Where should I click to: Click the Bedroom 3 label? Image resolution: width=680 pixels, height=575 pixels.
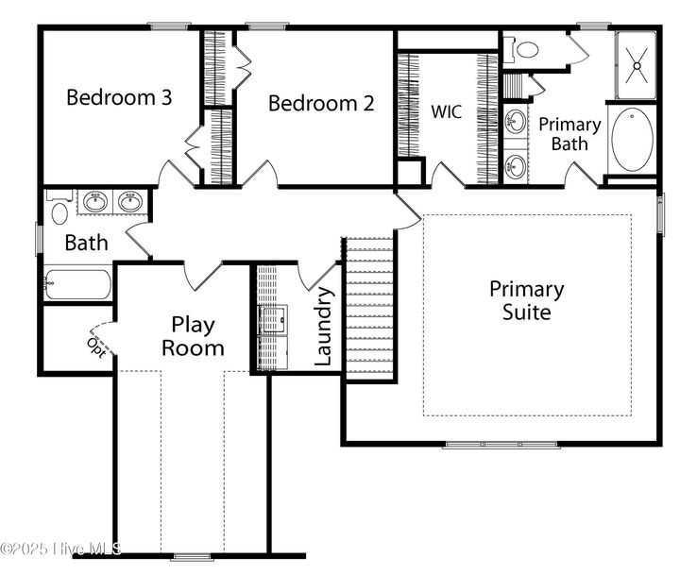coord(118,96)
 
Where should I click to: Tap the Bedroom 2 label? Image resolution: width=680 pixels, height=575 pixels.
coord(320,103)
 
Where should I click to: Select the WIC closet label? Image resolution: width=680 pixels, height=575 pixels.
coord(447,110)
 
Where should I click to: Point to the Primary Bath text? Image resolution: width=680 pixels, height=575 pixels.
coord(569,133)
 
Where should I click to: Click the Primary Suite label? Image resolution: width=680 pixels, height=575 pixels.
coord(526,300)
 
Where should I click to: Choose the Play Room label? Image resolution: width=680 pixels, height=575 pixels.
coord(193,335)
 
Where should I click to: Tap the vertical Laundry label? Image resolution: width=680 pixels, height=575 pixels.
coord(323,327)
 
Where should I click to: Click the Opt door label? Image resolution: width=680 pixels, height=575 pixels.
coord(95,345)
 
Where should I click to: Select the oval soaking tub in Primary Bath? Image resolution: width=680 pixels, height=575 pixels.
coord(632,139)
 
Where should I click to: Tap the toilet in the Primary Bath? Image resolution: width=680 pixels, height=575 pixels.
coord(523,48)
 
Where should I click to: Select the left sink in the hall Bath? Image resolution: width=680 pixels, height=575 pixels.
coord(95,201)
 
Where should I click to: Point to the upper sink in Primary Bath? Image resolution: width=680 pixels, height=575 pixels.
coord(516,122)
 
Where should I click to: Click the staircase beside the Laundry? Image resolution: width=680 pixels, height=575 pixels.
coord(370,307)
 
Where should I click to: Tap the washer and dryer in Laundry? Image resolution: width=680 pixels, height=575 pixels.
coord(274,320)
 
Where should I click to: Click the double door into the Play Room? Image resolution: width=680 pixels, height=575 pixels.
coord(203,276)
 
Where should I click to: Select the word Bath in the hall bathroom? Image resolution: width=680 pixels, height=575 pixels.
coord(86,243)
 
